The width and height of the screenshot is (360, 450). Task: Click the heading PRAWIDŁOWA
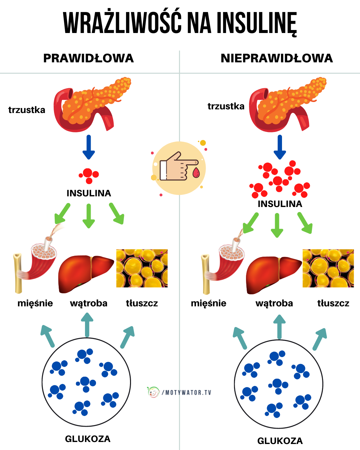point(88,58)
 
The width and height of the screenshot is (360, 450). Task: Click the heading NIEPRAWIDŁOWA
point(277,58)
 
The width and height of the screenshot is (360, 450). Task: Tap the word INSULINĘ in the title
point(257,23)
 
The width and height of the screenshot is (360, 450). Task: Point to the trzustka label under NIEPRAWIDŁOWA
point(226,106)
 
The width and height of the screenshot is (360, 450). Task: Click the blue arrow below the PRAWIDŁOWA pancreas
point(89,147)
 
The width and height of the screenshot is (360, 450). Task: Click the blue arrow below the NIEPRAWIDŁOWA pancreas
point(280,147)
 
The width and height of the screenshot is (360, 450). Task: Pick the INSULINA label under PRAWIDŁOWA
point(89,193)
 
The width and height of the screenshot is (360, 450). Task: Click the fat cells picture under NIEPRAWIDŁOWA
point(328,268)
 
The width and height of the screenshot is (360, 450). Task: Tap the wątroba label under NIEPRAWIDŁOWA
point(274,303)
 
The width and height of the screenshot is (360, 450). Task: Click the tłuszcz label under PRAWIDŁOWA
point(142,303)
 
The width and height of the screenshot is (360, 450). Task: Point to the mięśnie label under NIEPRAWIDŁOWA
point(208,303)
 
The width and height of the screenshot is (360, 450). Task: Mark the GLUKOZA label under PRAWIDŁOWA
point(88,439)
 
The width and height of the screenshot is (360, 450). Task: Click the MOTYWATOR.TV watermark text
point(188,392)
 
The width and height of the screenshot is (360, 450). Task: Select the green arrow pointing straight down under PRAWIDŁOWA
point(88,216)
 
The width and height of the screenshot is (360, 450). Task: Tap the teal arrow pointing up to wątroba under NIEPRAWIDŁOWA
point(279,327)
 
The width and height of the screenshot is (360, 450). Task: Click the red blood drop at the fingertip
point(196,173)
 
